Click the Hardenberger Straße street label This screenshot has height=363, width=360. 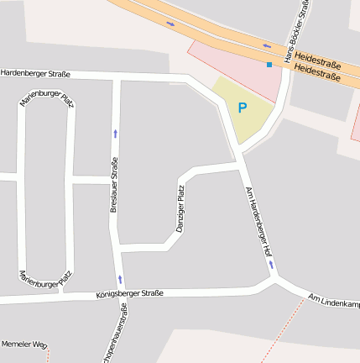point(35,74)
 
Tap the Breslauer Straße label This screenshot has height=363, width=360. point(114,185)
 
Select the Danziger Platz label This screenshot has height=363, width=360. point(180,208)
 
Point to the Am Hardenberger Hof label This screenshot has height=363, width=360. point(257,223)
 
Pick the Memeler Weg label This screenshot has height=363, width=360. point(23,345)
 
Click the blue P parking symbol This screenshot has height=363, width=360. point(243,108)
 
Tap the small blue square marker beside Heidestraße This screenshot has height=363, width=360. point(269,64)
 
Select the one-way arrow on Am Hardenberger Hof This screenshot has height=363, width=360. point(271,265)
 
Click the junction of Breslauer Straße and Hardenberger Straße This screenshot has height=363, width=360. point(117,78)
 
